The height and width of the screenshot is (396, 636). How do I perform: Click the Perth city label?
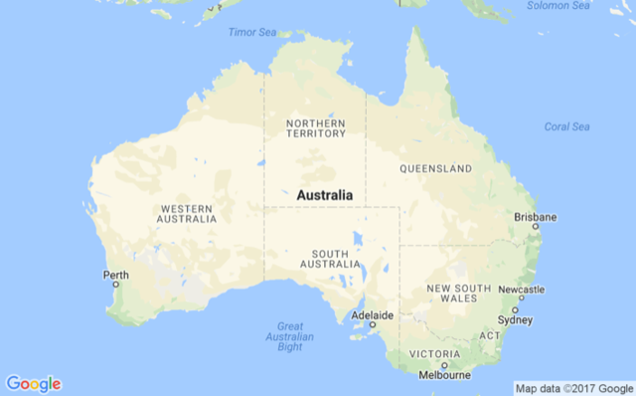115,275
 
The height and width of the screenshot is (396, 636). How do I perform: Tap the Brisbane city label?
535,217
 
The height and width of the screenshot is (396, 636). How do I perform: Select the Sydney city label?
515,320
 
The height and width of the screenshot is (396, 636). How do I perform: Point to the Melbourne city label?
444,375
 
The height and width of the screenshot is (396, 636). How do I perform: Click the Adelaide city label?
374,316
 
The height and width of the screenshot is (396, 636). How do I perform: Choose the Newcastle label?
522,290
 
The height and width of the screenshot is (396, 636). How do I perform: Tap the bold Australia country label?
324,195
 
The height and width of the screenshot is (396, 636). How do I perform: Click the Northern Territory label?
316,128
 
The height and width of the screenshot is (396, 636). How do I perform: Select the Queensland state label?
435,169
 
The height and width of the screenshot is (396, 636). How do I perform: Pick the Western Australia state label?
187,214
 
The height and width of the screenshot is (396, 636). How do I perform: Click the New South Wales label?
458,294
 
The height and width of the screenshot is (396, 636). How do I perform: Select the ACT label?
490,335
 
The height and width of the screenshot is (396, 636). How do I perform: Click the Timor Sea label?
252,33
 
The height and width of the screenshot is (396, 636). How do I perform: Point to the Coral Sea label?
566,126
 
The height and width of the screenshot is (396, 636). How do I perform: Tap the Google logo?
33,383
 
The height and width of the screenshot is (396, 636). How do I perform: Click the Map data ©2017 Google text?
572,387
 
